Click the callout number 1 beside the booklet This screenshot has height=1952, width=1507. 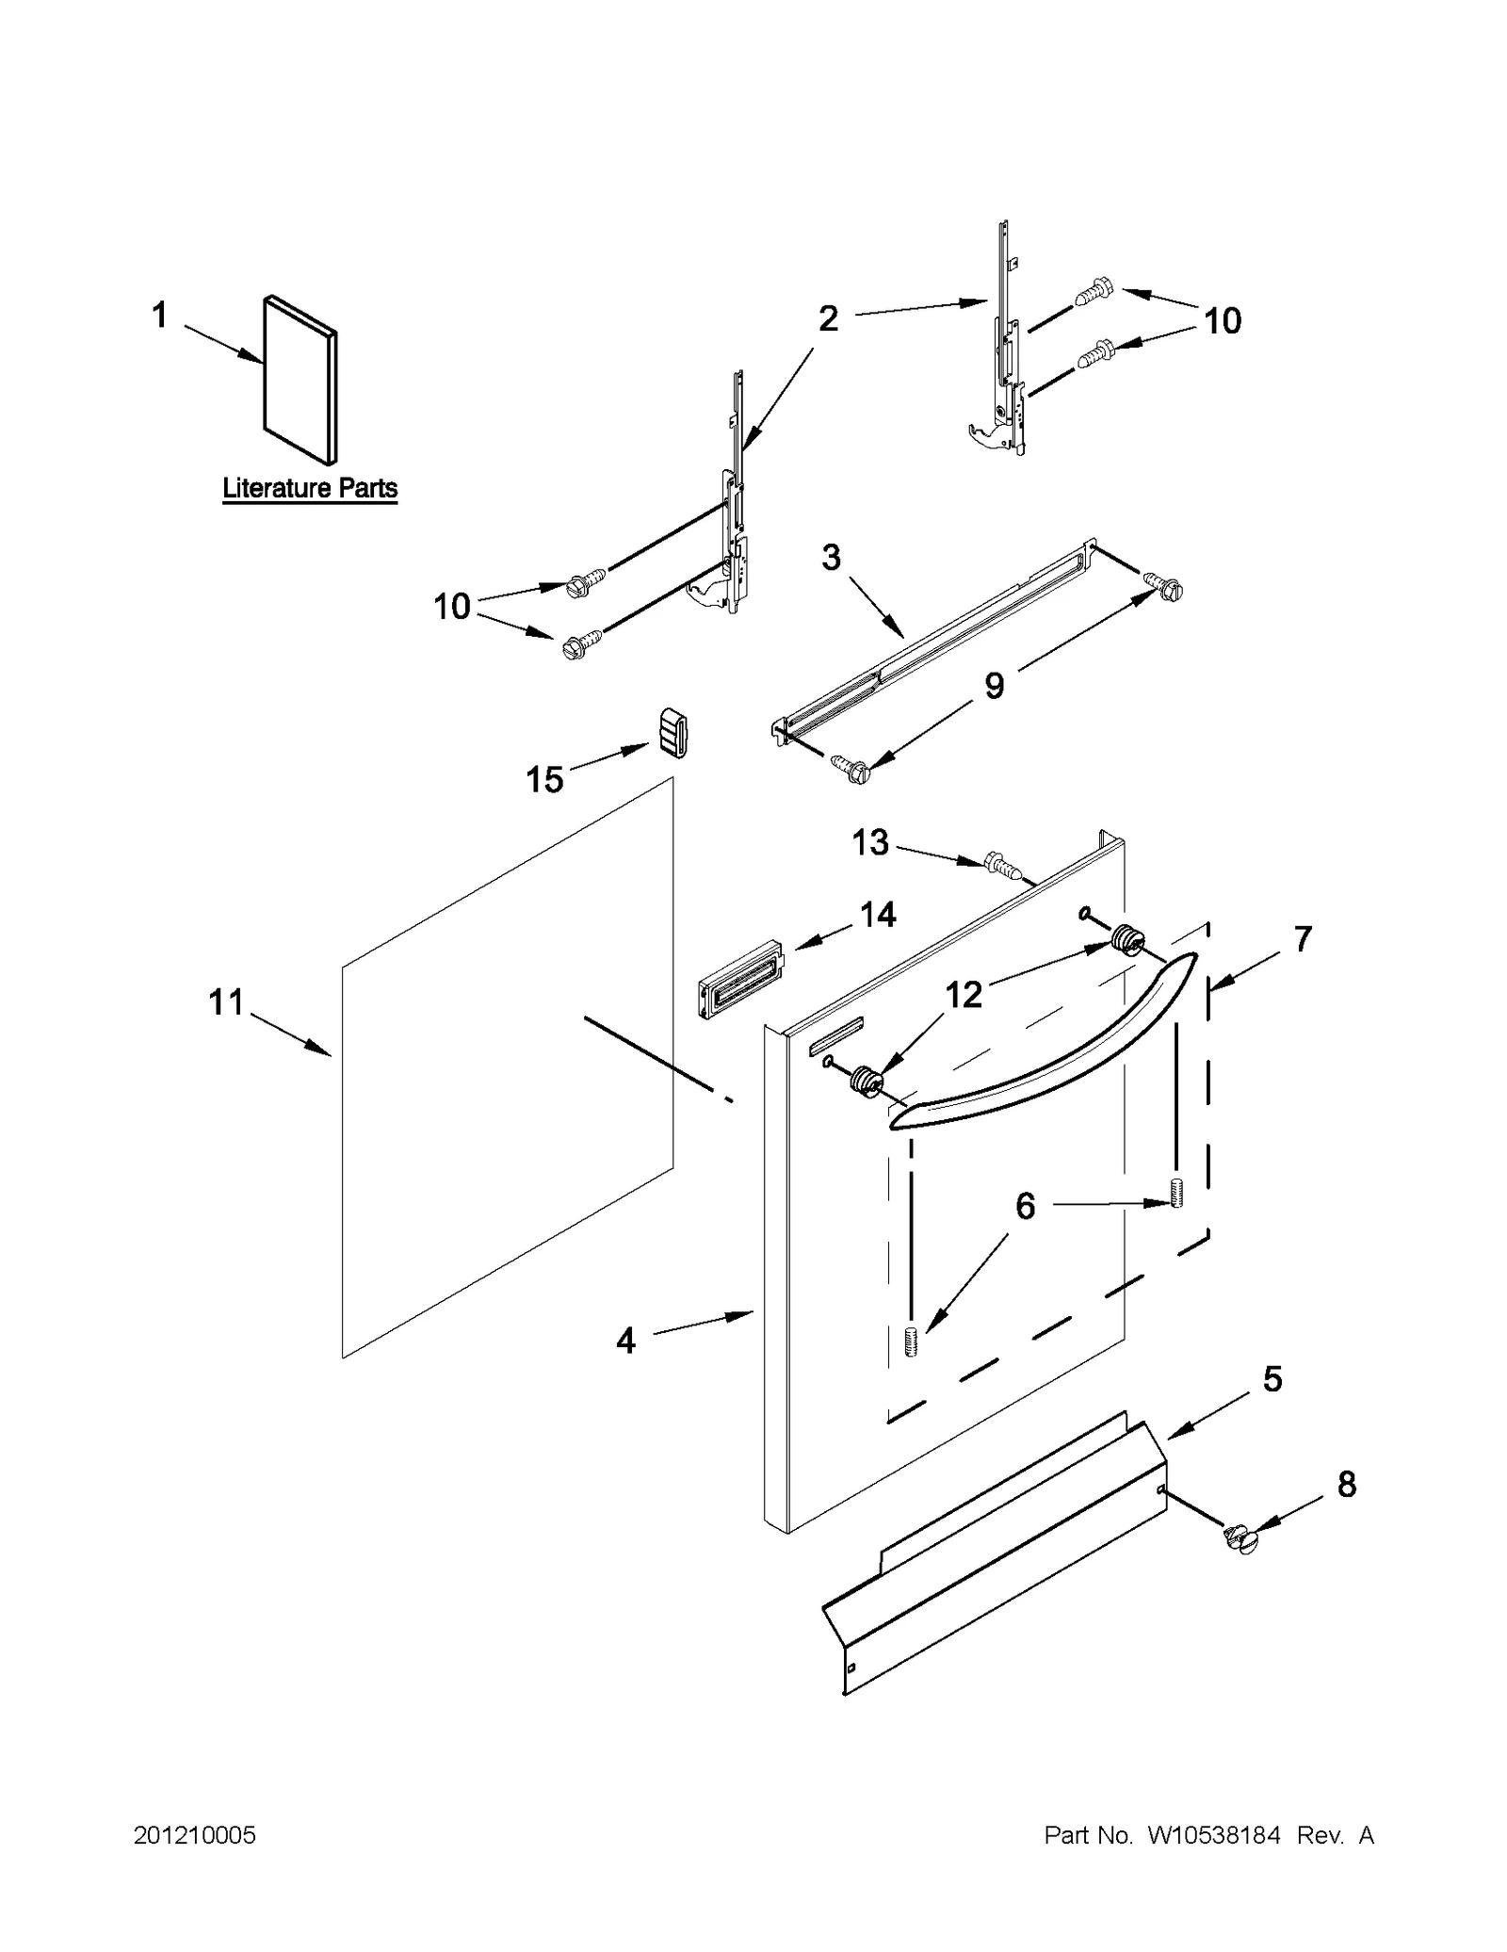pyautogui.click(x=159, y=315)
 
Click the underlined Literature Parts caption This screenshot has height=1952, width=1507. pyautogui.click(x=310, y=489)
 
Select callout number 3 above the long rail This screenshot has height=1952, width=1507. pyautogui.click(x=830, y=558)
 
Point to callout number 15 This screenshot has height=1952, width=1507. pyautogui.click(x=543, y=779)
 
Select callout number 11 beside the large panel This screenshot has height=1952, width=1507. pyautogui.click(x=226, y=1002)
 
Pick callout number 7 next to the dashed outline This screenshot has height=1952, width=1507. pyautogui.click(x=1302, y=939)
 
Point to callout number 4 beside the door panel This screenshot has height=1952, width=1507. pyautogui.click(x=625, y=1340)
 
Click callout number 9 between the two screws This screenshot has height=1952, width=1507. pyautogui.click(x=995, y=686)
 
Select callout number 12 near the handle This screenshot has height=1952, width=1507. pyautogui.click(x=964, y=994)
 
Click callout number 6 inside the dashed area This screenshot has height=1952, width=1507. pyautogui.click(x=1025, y=1206)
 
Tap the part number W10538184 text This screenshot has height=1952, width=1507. pyautogui.click(x=1213, y=1835)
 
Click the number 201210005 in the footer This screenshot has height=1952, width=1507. pyautogui.click(x=195, y=1835)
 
